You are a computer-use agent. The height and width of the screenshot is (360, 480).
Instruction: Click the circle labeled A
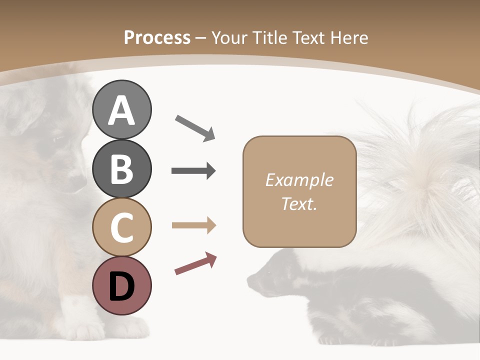tap(121, 109)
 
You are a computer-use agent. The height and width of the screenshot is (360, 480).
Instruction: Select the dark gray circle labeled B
tap(121, 168)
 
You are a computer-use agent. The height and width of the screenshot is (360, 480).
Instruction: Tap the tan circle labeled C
tap(121, 227)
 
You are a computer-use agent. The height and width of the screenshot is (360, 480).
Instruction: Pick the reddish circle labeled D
tap(121, 285)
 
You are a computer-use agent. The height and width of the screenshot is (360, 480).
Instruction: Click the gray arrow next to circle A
tap(195, 128)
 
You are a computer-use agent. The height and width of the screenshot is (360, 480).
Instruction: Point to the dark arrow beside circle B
tap(193, 171)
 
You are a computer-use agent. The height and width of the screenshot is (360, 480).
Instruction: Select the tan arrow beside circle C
tap(193, 225)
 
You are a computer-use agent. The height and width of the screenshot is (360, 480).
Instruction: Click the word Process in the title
tap(157, 37)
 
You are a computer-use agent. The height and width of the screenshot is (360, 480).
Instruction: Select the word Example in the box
tap(299, 180)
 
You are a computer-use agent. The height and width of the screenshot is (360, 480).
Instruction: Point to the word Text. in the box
tap(299, 203)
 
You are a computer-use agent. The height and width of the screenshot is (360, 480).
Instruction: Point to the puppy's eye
tap(59, 138)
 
